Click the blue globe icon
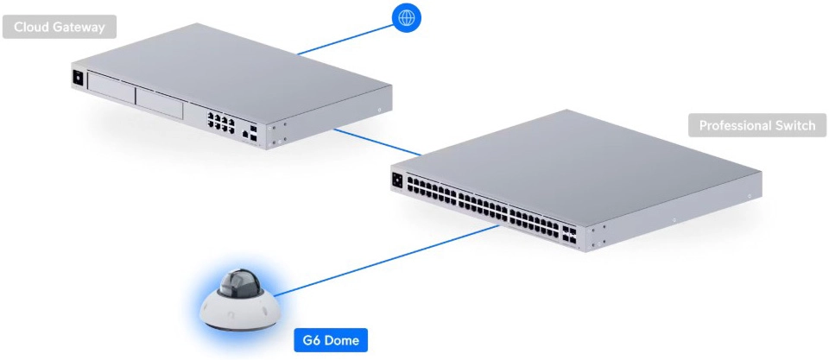pyautogui.click(x=407, y=17)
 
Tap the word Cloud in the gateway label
pyautogui.click(x=32, y=27)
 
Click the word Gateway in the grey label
pyautogui.click(x=79, y=28)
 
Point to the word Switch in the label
pyautogui.click(x=794, y=126)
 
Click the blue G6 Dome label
pyautogui.click(x=331, y=340)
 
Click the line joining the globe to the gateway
pyautogui.click(x=345, y=39)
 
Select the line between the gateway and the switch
pyautogui.click(x=377, y=142)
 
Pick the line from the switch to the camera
pyautogui.click(x=387, y=261)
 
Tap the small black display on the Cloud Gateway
pyautogui.click(x=78, y=77)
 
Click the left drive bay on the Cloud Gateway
pyautogui.click(x=111, y=88)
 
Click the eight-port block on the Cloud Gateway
pyautogui.click(x=221, y=123)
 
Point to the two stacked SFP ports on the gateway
pyautogui.click(x=254, y=133)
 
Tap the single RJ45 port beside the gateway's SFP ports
pyautogui.click(x=244, y=135)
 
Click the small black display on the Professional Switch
pyautogui.click(x=397, y=180)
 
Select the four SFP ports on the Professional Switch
pyautogui.click(x=569, y=235)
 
